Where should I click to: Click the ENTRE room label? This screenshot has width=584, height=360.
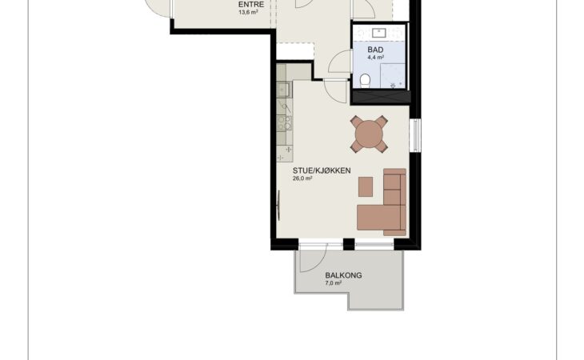coord(251,5)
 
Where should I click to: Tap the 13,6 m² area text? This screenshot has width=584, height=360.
coord(249,12)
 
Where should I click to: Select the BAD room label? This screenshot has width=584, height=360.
coord(375,50)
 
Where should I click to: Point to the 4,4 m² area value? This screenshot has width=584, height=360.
coord(376,58)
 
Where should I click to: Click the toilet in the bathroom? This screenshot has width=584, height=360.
coord(366,81)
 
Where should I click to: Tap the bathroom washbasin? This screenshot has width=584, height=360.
coord(379,33)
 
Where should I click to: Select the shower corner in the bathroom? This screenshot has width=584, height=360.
coord(393,76)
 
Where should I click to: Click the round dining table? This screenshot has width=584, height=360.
coord(369,134)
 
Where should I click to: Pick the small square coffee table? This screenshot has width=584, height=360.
coord(366,186)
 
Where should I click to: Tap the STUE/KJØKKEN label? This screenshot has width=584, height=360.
coord(322,170)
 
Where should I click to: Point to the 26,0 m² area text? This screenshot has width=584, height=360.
coord(302,178)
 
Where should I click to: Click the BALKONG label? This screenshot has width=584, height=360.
coord(343,275)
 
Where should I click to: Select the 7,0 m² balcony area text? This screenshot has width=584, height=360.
coord(334,283)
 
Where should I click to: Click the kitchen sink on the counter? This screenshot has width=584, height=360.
coord(283,90)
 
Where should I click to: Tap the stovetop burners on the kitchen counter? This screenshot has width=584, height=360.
coord(284,123)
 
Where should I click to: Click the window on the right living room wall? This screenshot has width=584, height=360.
coord(415,135)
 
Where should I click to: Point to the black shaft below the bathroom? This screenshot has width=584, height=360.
coord(381,97)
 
